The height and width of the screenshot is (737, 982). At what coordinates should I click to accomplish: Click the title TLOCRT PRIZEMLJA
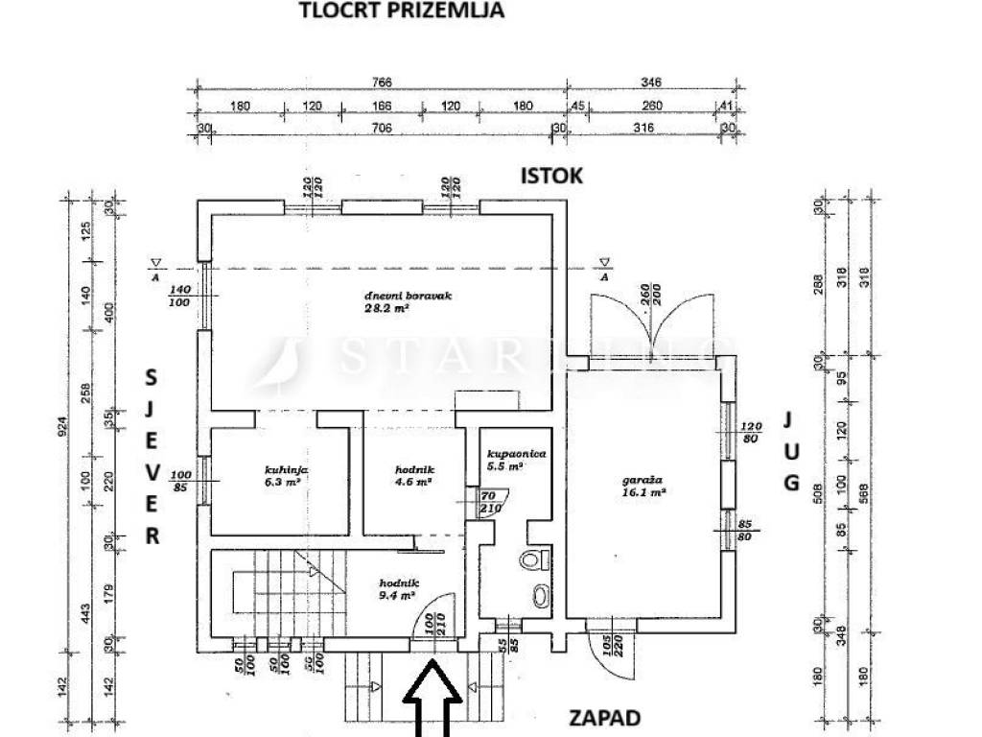[x=402, y=12]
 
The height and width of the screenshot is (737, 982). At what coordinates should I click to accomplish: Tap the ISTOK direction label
[x=551, y=176]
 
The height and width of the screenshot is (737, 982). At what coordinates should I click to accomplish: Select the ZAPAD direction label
[x=603, y=717]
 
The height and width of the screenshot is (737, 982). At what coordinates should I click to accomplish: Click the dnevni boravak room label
[x=408, y=296]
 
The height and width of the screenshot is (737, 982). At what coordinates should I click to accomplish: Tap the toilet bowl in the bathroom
[x=530, y=560]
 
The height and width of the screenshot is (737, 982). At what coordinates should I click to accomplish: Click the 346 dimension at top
[x=651, y=83]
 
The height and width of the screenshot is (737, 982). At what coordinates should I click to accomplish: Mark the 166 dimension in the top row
[x=382, y=106]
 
